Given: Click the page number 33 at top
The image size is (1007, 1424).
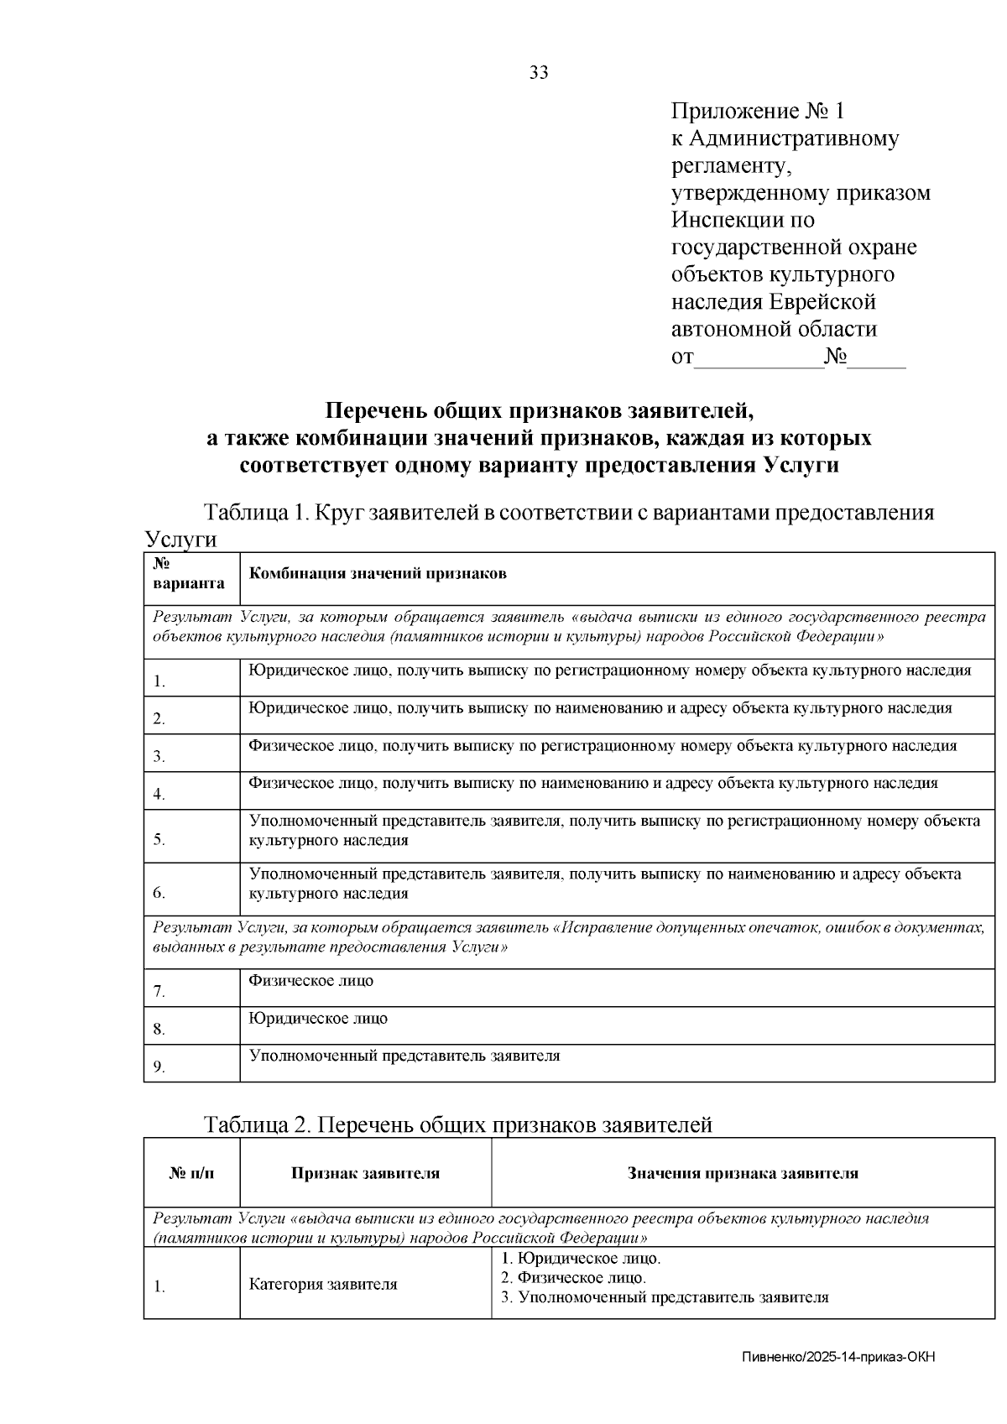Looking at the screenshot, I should [x=539, y=73].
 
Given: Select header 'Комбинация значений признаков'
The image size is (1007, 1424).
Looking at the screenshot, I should [x=378, y=574].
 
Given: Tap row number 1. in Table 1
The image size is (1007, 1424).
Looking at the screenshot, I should [x=159, y=681].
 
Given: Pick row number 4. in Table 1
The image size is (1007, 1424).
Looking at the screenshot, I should [x=159, y=794].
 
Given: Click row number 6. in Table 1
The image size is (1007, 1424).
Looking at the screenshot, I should [x=159, y=893].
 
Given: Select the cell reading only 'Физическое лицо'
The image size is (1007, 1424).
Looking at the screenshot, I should [x=311, y=980].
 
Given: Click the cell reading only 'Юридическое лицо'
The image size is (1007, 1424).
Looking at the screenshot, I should [x=318, y=1018].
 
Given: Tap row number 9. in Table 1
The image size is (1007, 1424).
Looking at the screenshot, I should [x=159, y=1067].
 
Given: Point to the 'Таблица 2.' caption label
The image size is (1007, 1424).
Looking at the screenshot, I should [x=258, y=1124].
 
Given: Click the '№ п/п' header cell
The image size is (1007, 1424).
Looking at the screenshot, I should [x=191, y=1173].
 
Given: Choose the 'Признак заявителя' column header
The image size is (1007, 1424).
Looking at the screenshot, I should [x=365, y=1173].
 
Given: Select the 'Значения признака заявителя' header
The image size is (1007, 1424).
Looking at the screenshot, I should [x=743, y=1173].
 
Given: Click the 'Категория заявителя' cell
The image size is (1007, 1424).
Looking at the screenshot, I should [x=323, y=1284].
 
